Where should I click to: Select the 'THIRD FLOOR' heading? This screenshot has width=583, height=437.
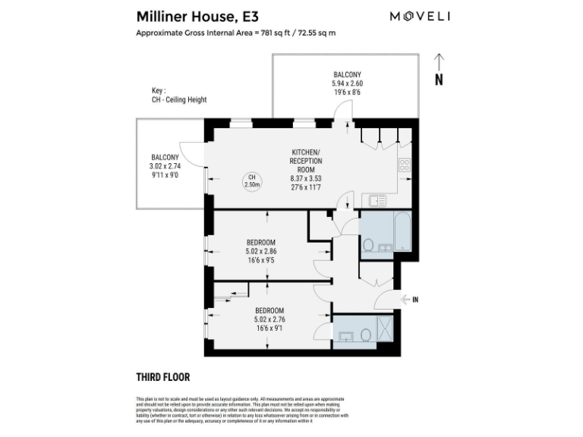162,377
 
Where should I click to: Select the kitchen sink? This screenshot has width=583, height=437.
376,201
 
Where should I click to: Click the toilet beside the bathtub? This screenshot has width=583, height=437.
367,244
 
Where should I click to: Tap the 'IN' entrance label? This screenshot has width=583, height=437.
414,300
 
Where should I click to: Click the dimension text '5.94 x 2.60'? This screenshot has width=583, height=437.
346,83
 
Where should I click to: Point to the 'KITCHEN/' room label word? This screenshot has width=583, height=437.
306,152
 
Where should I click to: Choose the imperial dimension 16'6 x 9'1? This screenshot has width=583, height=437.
269,329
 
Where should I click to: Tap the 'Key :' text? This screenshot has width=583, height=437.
159,90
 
